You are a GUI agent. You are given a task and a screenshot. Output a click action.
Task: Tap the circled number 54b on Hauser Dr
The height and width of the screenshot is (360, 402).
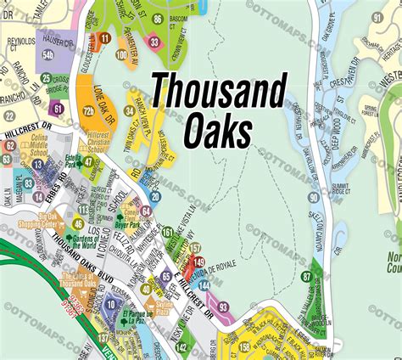click(x=48, y=55)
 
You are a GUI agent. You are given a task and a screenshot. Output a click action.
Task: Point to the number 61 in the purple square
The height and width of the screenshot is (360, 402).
click(x=57, y=108)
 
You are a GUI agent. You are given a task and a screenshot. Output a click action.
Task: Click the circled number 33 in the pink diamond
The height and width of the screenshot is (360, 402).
click(x=153, y=42)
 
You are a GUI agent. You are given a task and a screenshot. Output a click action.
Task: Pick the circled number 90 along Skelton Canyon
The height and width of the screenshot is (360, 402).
click(x=314, y=198)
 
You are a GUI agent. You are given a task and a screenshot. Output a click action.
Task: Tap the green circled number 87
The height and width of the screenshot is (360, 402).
click(x=306, y=277)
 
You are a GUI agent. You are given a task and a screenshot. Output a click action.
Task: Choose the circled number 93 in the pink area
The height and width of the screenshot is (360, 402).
click(x=223, y=307)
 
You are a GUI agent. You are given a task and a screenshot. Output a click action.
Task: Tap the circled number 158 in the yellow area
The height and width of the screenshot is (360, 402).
click(x=244, y=346)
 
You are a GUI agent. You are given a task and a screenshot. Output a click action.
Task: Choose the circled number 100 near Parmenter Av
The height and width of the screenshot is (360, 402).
click(x=122, y=56)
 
